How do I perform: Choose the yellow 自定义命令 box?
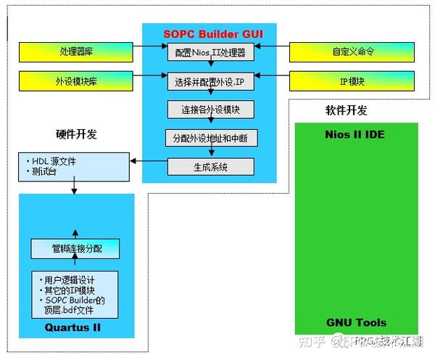352,52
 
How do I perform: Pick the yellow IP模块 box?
352,81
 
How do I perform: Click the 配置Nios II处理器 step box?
210,53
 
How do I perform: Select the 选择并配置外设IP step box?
210,81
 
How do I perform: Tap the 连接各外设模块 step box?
210,110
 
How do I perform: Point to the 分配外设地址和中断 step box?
210,138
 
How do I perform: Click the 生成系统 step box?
210,166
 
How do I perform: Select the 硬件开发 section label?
76,134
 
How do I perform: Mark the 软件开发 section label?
346,110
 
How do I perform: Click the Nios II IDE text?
355,135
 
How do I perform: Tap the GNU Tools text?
355,322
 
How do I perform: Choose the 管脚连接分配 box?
76,249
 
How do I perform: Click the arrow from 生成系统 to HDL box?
149,161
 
